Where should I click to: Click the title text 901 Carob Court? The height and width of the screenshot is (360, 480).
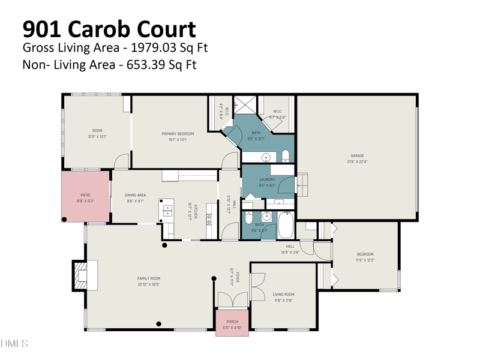109,29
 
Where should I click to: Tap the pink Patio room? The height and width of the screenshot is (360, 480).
86,197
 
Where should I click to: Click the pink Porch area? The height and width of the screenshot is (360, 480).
232,323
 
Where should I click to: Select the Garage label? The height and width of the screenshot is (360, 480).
358,158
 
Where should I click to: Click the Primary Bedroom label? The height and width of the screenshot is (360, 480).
175,136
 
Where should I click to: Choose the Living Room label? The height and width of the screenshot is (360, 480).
283,296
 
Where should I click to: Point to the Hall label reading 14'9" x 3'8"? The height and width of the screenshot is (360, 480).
290,248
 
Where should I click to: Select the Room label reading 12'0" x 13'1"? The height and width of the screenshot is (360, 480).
97,133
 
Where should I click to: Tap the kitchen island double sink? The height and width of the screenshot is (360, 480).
167,211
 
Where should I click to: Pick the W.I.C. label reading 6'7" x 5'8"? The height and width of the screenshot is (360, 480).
278,114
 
